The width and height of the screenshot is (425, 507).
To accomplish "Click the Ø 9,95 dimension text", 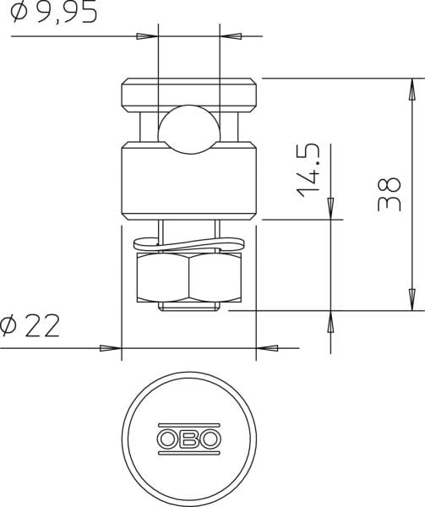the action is click(x=53, y=12).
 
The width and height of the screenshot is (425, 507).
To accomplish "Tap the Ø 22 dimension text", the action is click(x=30, y=325).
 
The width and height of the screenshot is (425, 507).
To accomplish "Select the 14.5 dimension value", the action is click(x=308, y=171).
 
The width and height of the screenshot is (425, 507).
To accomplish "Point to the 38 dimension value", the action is click(x=390, y=194).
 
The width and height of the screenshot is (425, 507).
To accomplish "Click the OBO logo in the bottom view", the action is click(x=189, y=439).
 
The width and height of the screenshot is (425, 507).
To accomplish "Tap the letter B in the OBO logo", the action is click(x=189, y=439).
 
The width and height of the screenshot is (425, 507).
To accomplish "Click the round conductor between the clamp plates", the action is click(x=189, y=129).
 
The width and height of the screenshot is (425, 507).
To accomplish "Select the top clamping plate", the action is click(x=189, y=95).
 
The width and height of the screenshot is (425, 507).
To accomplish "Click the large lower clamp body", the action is click(x=189, y=181).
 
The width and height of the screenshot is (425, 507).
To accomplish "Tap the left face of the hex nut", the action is click(x=163, y=277).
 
